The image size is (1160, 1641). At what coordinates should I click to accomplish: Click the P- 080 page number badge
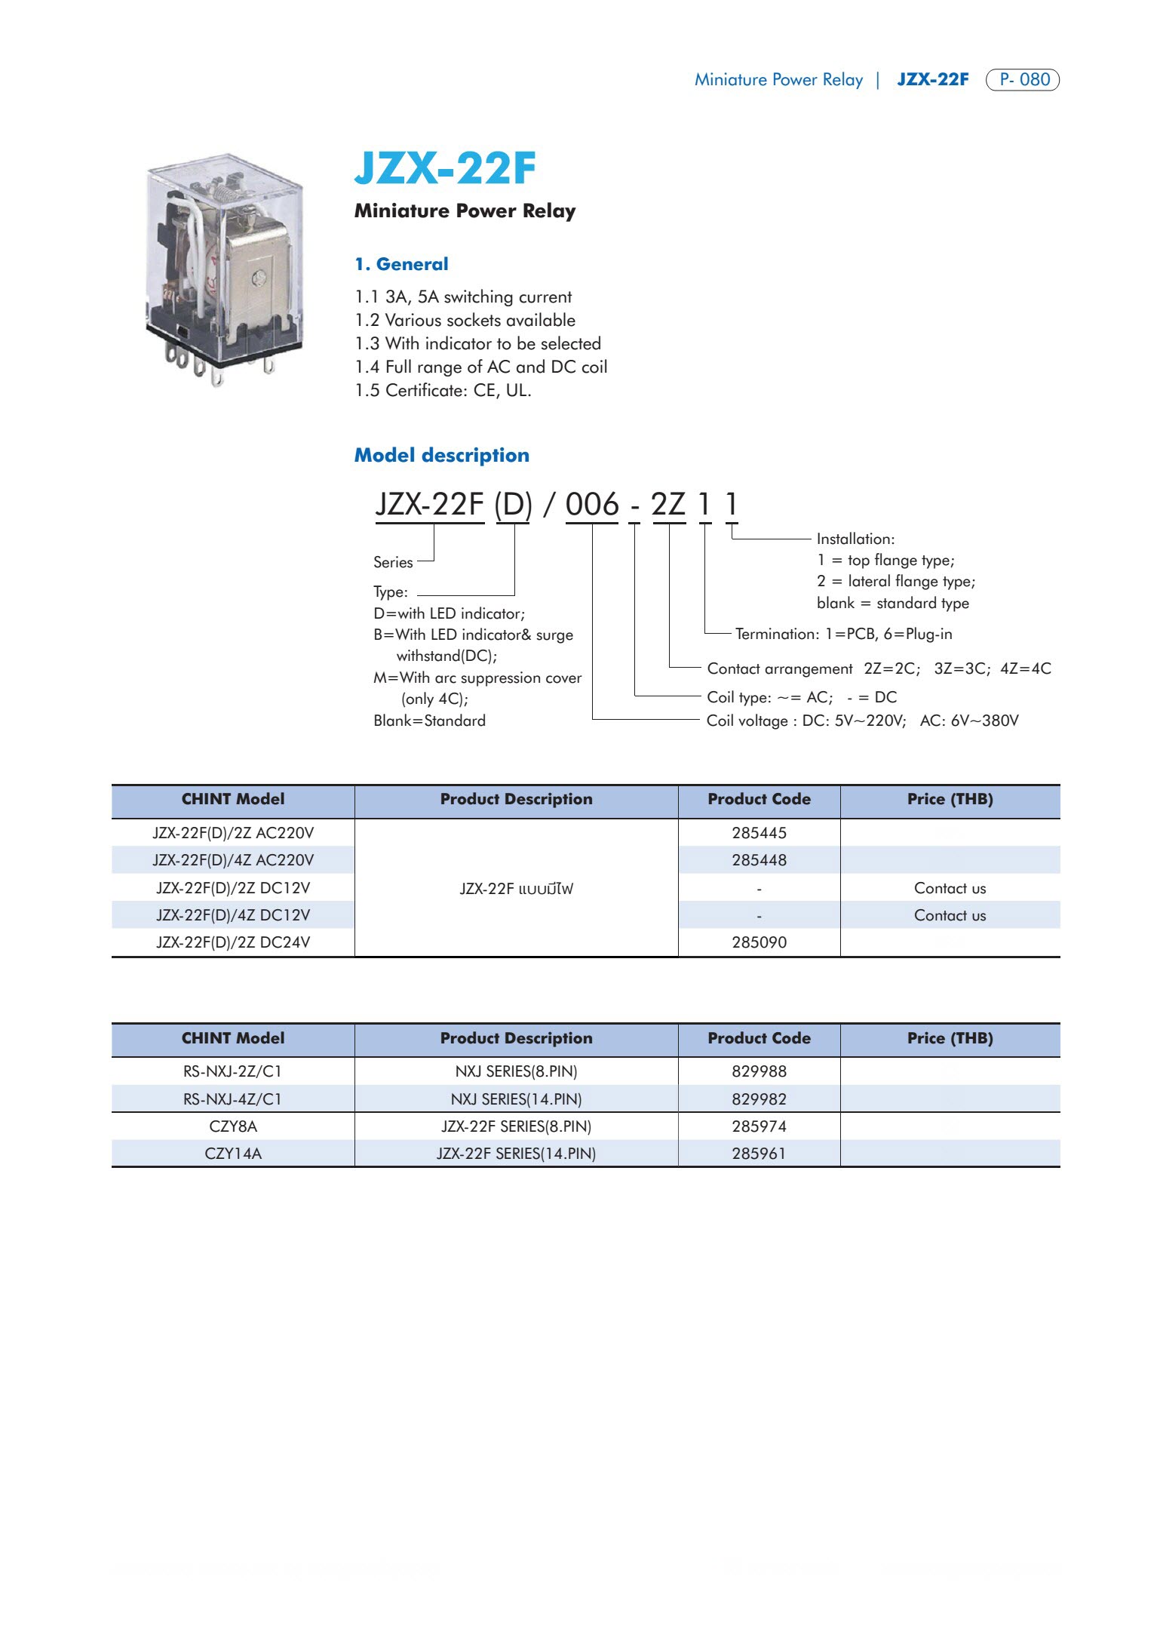pos(1022,79)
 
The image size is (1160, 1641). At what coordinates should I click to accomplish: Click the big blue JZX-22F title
pos(445,168)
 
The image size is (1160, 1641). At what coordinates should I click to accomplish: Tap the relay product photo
pos(225,269)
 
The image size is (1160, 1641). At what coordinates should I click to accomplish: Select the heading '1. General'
pos(401,264)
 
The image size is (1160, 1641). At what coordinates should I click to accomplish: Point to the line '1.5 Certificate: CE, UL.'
pos(443,390)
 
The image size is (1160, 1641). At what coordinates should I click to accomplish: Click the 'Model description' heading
pos(442,455)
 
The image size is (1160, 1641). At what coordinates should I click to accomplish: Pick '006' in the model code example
pos(592,504)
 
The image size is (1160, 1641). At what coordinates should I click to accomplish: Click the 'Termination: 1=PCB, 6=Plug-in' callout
pos(843,634)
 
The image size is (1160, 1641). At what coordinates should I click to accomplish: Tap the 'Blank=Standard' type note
pos(429,721)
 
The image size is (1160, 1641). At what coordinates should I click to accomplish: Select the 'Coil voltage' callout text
pos(862,721)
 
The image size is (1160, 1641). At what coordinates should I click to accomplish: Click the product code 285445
pos(759,833)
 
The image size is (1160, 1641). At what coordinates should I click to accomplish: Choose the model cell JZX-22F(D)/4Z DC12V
pos(233,915)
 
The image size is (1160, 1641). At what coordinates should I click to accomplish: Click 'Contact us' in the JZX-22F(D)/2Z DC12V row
pos(950,888)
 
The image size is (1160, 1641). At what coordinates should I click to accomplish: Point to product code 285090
pos(759,942)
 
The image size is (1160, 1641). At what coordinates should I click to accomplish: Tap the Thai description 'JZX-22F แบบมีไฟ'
pos(517,889)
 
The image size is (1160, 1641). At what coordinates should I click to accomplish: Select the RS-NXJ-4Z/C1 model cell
pos(233,1099)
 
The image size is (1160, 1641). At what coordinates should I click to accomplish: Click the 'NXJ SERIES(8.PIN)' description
pos(517,1071)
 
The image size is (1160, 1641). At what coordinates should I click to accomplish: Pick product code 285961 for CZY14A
pos(759,1154)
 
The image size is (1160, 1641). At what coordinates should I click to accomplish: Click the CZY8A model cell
pos(233,1126)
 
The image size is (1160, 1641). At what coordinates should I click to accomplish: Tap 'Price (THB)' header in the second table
pos(950,1038)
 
